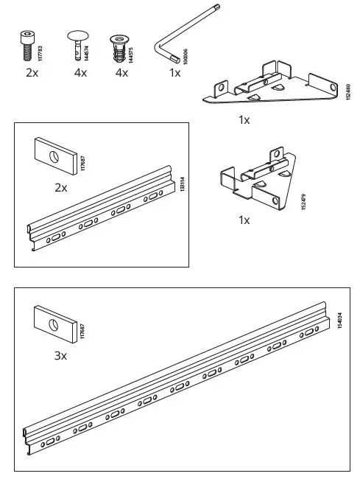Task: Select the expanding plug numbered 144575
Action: tap(118, 47)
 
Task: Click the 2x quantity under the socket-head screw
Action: tap(32, 73)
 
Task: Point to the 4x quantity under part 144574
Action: tap(80, 73)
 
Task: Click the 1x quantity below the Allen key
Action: tap(174, 73)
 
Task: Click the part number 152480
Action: tap(347, 94)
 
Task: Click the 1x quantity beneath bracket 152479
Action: tap(244, 220)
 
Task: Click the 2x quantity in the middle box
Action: tap(61, 188)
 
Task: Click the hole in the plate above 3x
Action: tap(53, 324)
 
